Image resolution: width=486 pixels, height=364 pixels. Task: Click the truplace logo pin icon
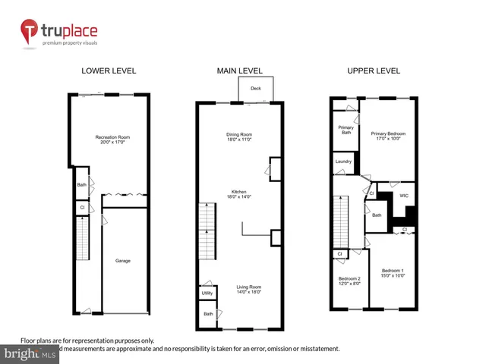[x=30, y=32]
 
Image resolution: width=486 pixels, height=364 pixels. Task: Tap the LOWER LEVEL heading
[x=109, y=71]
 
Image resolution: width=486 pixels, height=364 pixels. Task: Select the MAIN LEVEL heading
[x=239, y=71]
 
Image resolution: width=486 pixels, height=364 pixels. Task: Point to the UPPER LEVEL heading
[x=374, y=71]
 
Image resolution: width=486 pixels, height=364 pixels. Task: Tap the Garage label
[x=123, y=261]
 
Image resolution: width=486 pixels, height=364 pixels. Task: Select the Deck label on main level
[x=255, y=88]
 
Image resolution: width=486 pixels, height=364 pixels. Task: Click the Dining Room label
[x=239, y=134]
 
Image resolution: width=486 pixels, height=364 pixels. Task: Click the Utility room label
[x=207, y=293]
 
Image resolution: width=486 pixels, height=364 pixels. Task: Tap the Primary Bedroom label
[x=388, y=134]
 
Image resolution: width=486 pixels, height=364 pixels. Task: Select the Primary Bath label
[x=346, y=129]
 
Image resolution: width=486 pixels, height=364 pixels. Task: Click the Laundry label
[x=342, y=162]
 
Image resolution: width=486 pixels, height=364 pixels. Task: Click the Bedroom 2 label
[x=349, y=278]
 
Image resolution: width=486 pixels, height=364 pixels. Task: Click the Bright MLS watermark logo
[x=30, y=353]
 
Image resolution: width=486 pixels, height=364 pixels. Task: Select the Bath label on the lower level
[x=81, y=185]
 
